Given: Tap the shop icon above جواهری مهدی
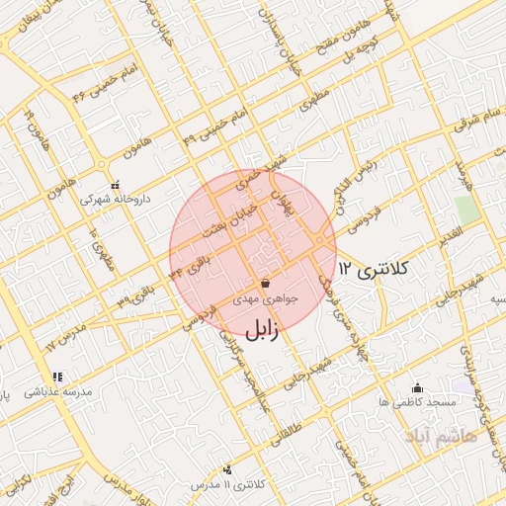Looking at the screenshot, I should click(x=266, y=283).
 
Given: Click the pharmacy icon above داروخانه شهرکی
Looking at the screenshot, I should click(x=116, y=184).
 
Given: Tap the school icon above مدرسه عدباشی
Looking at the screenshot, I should click(x=57, y=377).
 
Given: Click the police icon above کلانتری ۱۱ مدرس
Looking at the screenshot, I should click(x=228, y=469).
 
